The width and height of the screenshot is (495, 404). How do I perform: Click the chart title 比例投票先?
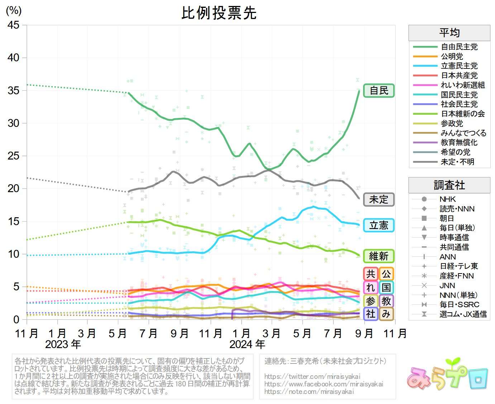[219, 13]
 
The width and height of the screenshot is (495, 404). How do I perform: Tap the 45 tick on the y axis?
[14, 25]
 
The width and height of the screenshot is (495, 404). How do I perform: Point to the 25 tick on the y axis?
[14, 156]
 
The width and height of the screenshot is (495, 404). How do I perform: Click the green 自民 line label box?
[379, 91]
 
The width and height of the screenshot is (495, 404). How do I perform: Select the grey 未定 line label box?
[379, 200]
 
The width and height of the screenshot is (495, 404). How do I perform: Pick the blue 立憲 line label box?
[379, 225]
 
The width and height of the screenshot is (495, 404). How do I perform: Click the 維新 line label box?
[379, 256]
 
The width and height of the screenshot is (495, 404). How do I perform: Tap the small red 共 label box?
[371, 274]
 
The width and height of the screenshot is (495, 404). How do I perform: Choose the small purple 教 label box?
[386, 301]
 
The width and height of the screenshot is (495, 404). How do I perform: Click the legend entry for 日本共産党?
[459, 76]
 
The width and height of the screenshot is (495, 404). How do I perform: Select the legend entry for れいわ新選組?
[463, 85]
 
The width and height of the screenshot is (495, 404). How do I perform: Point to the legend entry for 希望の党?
[456, 152]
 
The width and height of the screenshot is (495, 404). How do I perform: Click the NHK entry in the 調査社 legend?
[448, 199]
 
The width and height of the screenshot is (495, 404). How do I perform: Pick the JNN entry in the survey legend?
[447, 286]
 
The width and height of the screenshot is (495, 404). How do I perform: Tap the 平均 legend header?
[449, 33]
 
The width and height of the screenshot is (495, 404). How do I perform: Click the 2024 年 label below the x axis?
[247, 344]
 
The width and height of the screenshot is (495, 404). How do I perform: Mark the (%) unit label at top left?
[14, 10]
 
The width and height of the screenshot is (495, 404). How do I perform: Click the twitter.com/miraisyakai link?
[312, 376]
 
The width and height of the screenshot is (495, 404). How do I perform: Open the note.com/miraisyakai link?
[309, 391]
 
